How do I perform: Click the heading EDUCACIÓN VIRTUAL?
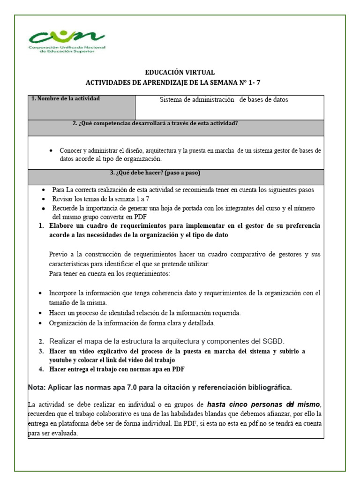pos(180,73)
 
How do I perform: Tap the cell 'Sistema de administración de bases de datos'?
pos(224,100)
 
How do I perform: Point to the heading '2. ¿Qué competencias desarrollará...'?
pos(155,124)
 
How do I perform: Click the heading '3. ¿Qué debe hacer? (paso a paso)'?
pos(155,173)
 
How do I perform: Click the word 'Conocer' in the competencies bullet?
pos(71,151)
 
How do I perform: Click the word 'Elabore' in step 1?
pos(61,226)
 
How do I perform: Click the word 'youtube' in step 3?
pos(61,360)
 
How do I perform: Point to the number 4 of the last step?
pos(41,369)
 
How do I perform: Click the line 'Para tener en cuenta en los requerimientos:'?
pos(110,274)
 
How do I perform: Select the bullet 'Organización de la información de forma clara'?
pos(132,323)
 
